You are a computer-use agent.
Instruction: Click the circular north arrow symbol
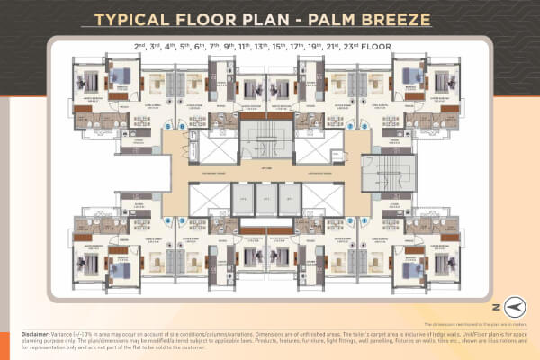512,306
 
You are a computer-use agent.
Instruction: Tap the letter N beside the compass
494,306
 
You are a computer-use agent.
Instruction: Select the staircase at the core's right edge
377,173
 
